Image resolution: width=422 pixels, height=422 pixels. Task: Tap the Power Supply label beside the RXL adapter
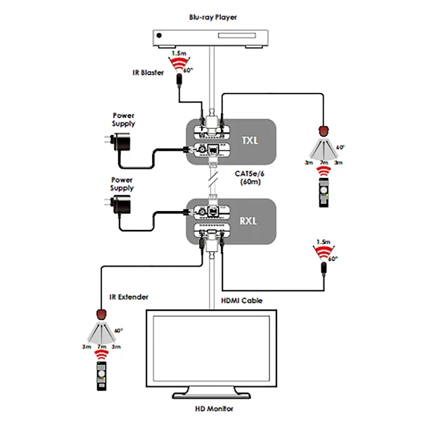tap(121, 184)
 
